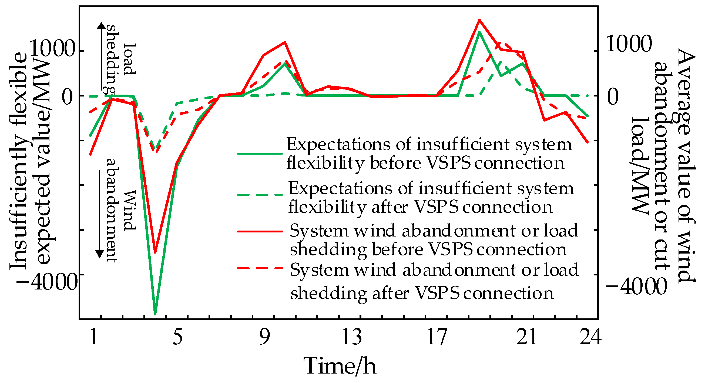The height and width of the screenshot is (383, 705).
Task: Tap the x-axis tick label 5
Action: (178, 337)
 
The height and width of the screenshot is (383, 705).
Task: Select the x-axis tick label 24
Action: (590, 337)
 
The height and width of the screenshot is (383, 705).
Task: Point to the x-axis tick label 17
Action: (437, 337)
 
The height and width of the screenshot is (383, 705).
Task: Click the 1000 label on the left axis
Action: (52, 49)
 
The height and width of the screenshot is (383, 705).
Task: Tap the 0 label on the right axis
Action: (613, 97)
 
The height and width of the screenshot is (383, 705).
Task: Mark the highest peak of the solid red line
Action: (479, 20)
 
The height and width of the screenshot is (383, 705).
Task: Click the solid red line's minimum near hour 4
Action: (155, 252)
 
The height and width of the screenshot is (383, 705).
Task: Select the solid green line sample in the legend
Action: (260, 154)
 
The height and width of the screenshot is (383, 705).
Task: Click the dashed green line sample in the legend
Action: (260, 195)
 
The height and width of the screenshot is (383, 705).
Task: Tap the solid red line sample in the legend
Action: (260, 231)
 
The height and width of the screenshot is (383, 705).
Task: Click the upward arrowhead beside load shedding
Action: (102, 25)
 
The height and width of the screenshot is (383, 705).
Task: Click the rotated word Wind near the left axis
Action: (129, 210)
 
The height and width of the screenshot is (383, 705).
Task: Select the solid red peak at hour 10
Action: (285, 42)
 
